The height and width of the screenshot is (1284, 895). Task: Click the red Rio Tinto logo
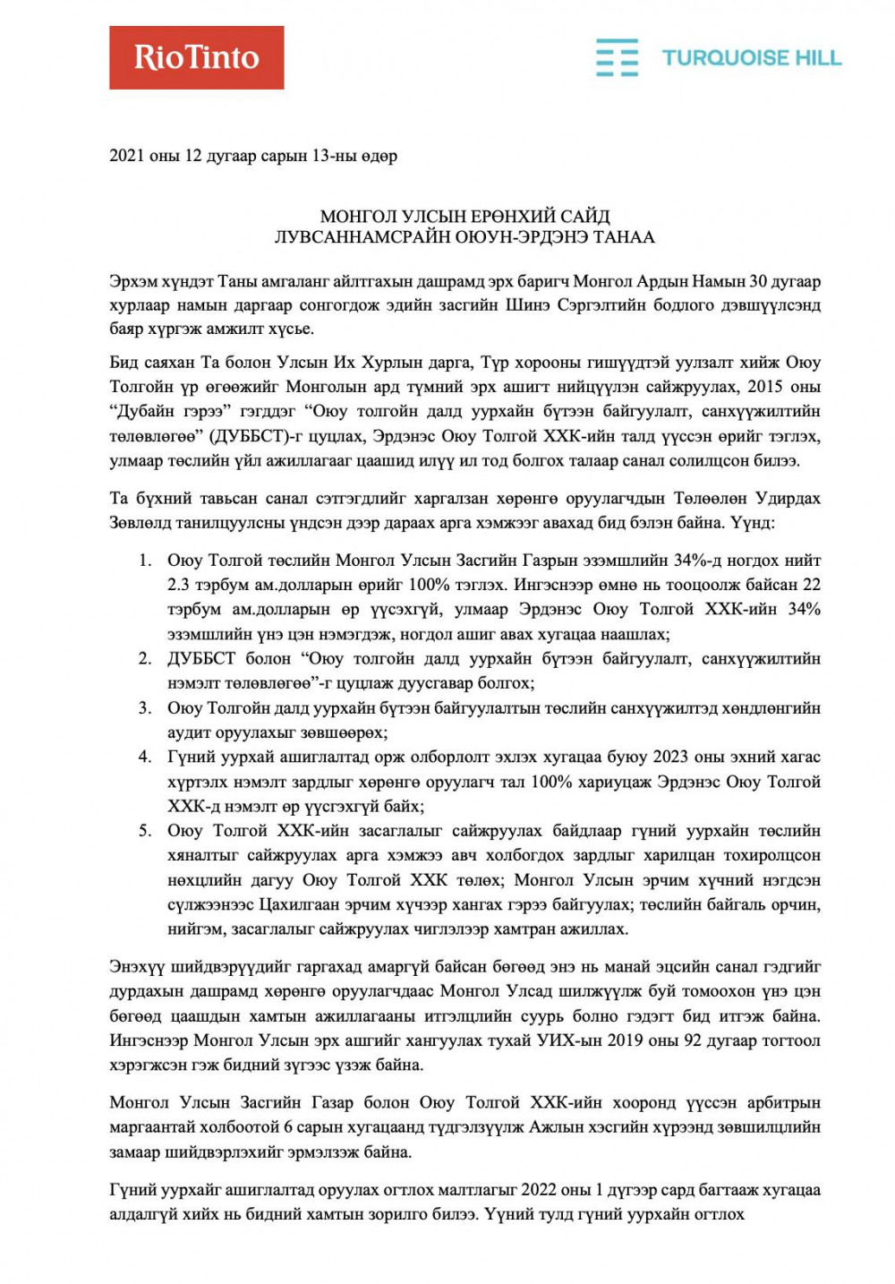tap(196, 57)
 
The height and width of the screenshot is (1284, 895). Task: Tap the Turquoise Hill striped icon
tap(617, 57)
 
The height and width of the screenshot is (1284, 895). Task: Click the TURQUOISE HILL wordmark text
tap(751, 58)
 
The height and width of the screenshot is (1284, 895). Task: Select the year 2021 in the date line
tap(127, 156)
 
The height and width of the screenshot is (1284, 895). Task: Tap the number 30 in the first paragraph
tap(757, 281)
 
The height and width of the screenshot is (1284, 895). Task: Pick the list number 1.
tap(144, 561)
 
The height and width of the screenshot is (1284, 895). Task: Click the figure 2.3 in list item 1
tap(179, 585)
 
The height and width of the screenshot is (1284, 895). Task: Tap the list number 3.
tap(144, 708)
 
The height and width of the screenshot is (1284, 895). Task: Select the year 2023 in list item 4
tap(670, 758)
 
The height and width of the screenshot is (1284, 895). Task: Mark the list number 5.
tap(144, 831)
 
